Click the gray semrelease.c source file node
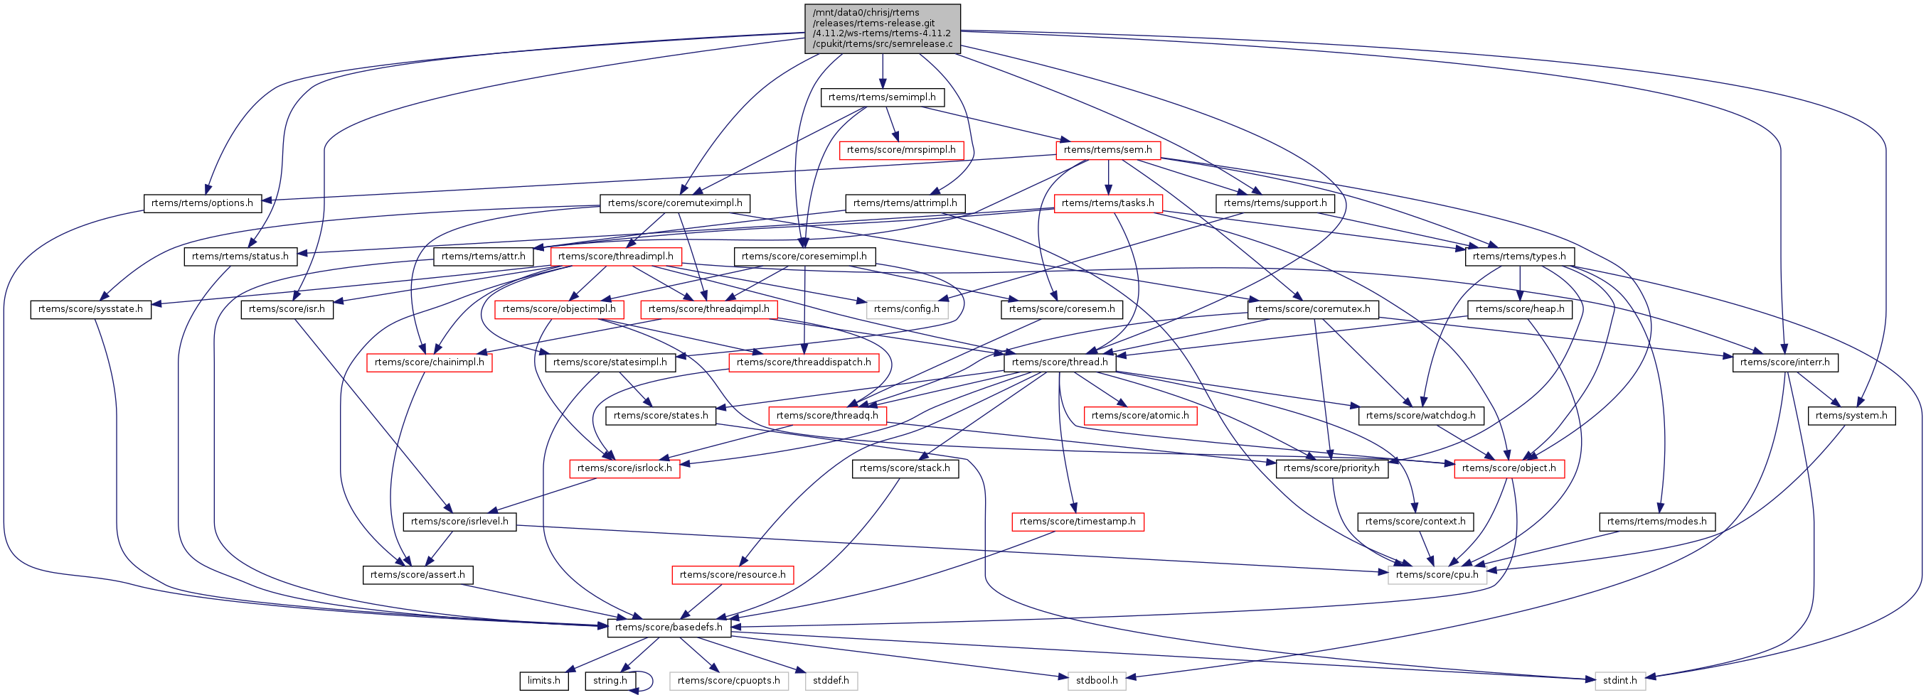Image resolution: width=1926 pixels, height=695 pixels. click(882, 28)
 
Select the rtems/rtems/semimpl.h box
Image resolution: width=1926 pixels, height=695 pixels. click(881, 97)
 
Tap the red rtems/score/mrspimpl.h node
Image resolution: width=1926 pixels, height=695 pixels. click(901, 150)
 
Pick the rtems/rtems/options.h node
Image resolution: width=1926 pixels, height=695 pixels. click(202, 203)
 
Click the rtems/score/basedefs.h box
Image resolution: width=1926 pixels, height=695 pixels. click(669, 627)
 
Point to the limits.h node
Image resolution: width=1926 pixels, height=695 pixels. click(543, 680)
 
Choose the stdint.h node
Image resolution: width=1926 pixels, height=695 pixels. click(1619, 680)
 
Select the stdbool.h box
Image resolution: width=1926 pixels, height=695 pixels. click(1097, 680)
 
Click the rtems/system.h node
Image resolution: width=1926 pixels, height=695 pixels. click(1851, 416)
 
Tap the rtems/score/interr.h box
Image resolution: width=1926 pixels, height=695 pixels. click(1784, 362)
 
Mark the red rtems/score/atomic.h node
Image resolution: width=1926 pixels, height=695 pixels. click(1139, 416)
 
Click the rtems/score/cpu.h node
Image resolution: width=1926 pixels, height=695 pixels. click(1436, 575)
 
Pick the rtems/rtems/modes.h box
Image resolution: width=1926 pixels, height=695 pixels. click(1657, 522)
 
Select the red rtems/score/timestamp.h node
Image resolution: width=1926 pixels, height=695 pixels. click(1077, 522)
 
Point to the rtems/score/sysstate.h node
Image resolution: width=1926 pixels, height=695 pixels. click(90, 309)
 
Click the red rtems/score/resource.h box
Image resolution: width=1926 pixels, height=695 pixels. click(732, 575)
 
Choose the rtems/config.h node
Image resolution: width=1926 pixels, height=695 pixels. click(906, 309)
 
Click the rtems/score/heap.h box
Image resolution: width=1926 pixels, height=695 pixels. click(1519, 309)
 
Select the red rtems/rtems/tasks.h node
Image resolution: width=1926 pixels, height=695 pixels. click(1107, 203)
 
